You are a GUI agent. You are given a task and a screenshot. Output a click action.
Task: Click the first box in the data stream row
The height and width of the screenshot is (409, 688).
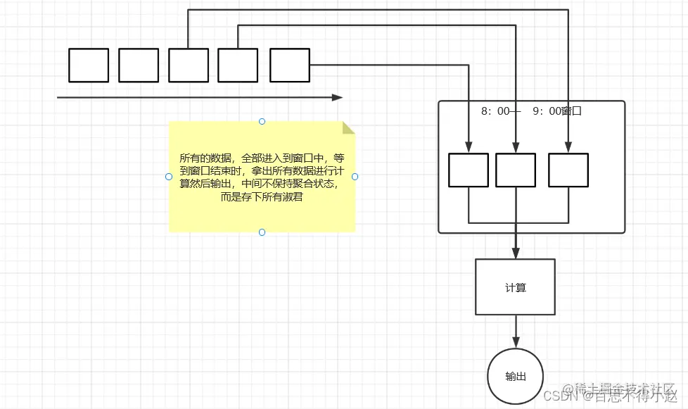click(89, 65)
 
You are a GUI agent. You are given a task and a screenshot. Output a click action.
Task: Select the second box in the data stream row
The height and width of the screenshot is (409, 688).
click(139, 65)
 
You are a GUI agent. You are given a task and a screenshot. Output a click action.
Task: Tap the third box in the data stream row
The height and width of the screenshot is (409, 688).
click(189, 65)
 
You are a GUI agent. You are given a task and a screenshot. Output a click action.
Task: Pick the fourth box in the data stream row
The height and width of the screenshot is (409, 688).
click(238, 65)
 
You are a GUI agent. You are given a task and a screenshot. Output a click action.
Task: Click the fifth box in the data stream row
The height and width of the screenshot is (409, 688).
click(290, 65)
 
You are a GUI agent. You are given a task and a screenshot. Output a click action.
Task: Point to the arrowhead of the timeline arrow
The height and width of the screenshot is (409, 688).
click(338, 97)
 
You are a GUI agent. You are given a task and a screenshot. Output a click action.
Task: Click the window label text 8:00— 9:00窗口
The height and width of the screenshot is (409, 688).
click(531, 111)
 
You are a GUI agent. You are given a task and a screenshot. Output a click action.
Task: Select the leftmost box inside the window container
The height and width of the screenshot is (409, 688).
click(469, 170)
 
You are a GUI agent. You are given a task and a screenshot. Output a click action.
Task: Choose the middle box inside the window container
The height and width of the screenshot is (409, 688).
click(516, 170)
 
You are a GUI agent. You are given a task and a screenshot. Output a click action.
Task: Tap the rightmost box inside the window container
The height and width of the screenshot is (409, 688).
click(568, 170)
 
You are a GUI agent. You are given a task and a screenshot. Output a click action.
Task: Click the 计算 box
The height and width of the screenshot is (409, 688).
click(516, 287)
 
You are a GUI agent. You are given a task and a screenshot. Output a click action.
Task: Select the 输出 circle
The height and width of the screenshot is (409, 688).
click(516, 376)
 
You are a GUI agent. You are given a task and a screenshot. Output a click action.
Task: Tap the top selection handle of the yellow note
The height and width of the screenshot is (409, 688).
click(262, 121)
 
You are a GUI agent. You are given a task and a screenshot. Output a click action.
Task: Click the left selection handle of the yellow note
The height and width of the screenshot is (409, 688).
click(169, 177)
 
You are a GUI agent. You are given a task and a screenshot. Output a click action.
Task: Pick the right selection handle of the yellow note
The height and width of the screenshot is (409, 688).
click(355, 177)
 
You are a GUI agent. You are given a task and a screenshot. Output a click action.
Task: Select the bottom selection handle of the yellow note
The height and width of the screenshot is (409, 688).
click(262, 232)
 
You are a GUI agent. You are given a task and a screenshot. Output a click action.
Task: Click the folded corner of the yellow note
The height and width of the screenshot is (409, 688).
click(348, 127)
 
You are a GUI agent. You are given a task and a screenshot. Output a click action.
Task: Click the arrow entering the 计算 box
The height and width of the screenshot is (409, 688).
click(516, 246)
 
